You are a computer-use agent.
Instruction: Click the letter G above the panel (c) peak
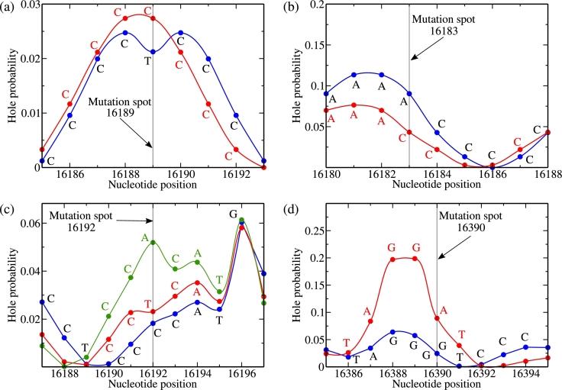[x=233, y=214]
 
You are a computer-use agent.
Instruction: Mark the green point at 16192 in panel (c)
[x=153, y=242]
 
